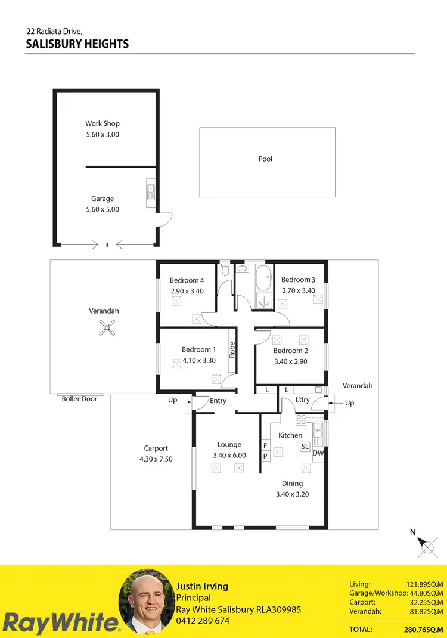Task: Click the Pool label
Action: point(265,159)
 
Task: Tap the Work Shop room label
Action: point(103,124)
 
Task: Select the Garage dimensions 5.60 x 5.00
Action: point(103,209)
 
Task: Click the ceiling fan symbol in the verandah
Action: point(106,327)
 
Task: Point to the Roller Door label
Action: point(79,399)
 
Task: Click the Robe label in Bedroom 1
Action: point(232,349)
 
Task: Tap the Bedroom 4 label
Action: point(187,280)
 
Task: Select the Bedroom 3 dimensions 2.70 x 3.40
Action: point(298,290)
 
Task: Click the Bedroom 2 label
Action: point(291,351)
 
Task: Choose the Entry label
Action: point(218,401)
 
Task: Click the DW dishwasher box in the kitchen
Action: point(318,453)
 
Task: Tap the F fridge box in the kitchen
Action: point(265,445)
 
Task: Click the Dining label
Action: point(292,484)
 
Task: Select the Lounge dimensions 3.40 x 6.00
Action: point(229,455)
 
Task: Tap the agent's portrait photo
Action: point(146,602)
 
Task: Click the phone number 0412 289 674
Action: point(203,621)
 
